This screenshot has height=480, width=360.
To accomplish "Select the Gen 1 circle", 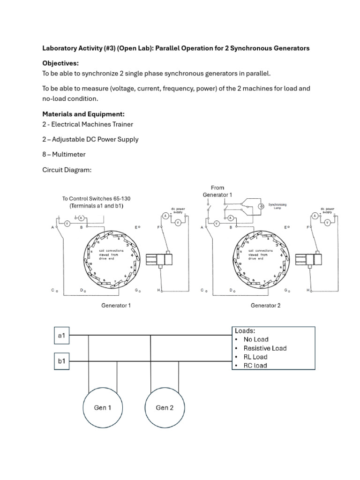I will point(103,408).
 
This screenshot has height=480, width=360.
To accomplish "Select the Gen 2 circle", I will point(165,408).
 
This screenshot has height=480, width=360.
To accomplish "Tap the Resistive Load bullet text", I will point(265,348).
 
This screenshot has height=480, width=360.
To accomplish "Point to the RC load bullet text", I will point(255,366).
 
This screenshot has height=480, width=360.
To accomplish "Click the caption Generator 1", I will point(116,306).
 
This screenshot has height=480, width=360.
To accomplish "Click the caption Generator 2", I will point(265,306).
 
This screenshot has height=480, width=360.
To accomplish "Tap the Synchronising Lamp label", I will point(277,206).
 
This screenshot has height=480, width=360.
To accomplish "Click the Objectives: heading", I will point(60,63).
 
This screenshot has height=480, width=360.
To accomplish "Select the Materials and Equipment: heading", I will point(83,114).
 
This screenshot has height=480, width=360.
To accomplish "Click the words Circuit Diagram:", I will point(67,170).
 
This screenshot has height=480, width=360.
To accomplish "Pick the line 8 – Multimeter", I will point(64,154).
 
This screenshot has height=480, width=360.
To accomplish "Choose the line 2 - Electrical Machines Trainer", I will point(88,124).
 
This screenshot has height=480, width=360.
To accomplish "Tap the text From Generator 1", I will point(217,191).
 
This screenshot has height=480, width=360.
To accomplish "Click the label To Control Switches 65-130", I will point(96,199).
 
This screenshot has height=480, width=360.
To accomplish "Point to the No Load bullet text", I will point(256,339).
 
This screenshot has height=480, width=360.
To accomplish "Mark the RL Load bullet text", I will point(255,357).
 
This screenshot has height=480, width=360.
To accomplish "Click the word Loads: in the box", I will point(245,330).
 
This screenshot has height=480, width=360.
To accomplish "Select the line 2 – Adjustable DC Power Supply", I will point(90,139).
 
